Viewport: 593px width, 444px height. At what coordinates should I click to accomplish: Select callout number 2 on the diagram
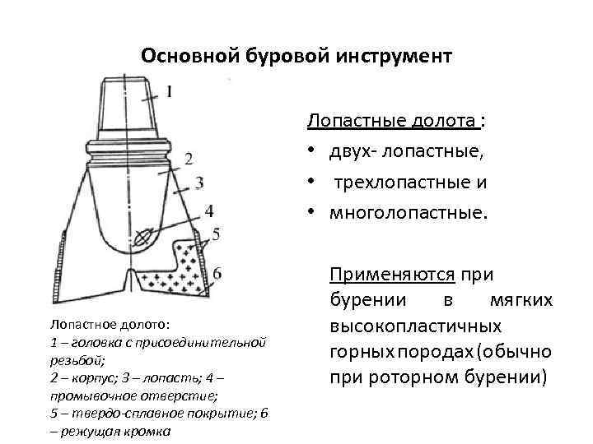189,158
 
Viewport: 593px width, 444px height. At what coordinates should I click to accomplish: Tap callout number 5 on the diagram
217,235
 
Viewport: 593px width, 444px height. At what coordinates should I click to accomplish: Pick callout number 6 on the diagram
217,273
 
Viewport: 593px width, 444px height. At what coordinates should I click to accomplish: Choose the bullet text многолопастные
409,214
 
